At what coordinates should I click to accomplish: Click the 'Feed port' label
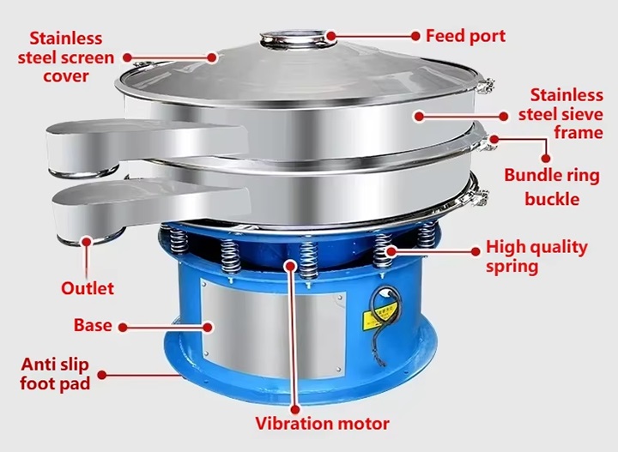point(465,36)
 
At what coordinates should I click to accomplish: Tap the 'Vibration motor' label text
point(323,424)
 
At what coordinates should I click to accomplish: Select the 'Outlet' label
point(88,288)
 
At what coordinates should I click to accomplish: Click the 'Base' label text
point(93,325)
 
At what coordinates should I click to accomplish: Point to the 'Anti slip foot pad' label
point(55,374)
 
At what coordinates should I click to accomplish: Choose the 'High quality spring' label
point(536,256)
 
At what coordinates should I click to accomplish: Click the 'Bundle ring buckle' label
point(552,187)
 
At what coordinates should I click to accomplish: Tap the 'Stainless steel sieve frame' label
point(560,114)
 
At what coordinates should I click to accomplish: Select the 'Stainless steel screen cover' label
point(66,57)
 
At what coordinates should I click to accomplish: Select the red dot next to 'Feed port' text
point(415,36)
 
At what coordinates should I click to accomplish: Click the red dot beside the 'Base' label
point(123,327)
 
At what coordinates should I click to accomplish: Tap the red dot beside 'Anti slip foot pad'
point(102,375)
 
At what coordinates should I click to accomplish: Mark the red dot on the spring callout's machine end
point(391,250)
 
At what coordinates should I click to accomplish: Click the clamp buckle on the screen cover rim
point(484,87)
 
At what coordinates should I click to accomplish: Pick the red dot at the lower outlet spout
point(87,241)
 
